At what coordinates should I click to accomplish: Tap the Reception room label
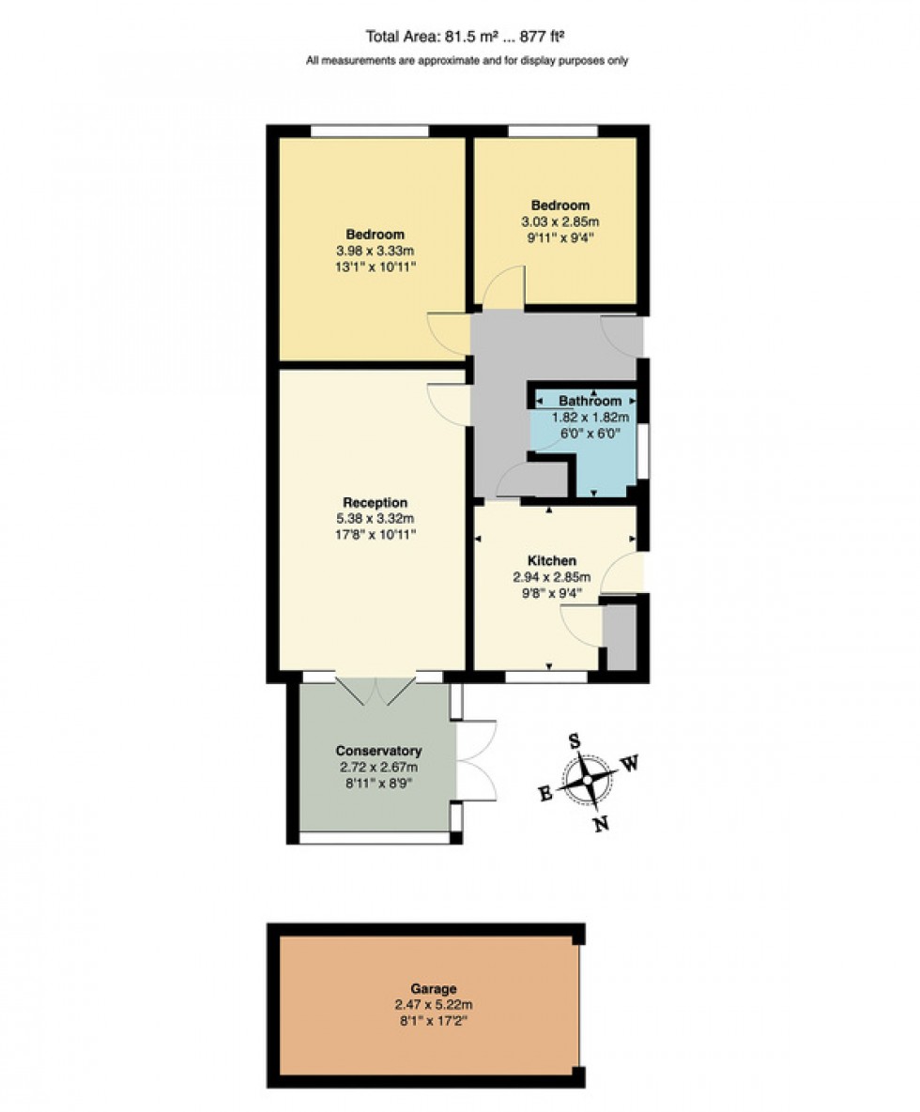pos(375,502)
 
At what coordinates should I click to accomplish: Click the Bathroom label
pos(590,401)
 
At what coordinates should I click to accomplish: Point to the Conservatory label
pos(378,751)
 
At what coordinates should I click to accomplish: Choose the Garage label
pos(433,988)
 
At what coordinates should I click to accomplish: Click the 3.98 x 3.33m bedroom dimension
pos(375,251)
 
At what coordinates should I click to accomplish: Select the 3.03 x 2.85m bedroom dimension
pos(560,221)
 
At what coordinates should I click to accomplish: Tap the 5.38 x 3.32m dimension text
pos(375,518)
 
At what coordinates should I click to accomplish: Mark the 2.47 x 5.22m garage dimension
pos(433,1004)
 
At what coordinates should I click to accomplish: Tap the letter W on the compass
pos(631,764)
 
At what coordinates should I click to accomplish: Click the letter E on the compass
pos(544,794)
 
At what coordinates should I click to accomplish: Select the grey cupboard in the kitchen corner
pos(620,637)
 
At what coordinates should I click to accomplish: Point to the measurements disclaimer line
pos(467,61)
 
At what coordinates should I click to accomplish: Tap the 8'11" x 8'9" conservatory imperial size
pos(378,783)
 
